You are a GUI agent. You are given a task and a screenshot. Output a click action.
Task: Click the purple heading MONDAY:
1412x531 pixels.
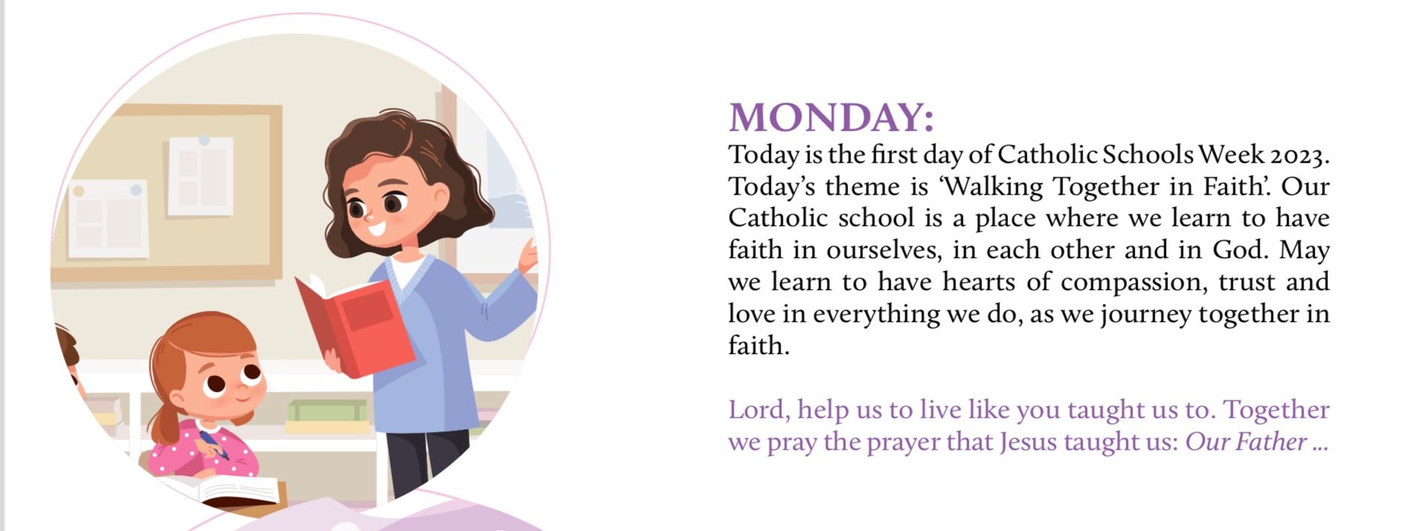(x=831, y=118)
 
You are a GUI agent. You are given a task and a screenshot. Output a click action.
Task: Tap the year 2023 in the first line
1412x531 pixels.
(x=1299, y=155)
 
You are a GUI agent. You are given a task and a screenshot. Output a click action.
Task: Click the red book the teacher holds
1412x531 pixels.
(x=354, y=326)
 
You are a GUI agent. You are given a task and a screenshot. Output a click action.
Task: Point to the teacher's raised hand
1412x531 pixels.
(x=528, y=257)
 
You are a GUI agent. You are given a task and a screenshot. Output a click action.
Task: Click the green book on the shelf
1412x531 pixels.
(x=327, y=411)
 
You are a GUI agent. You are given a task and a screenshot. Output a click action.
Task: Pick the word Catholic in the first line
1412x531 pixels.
(x=1046, y=155)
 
